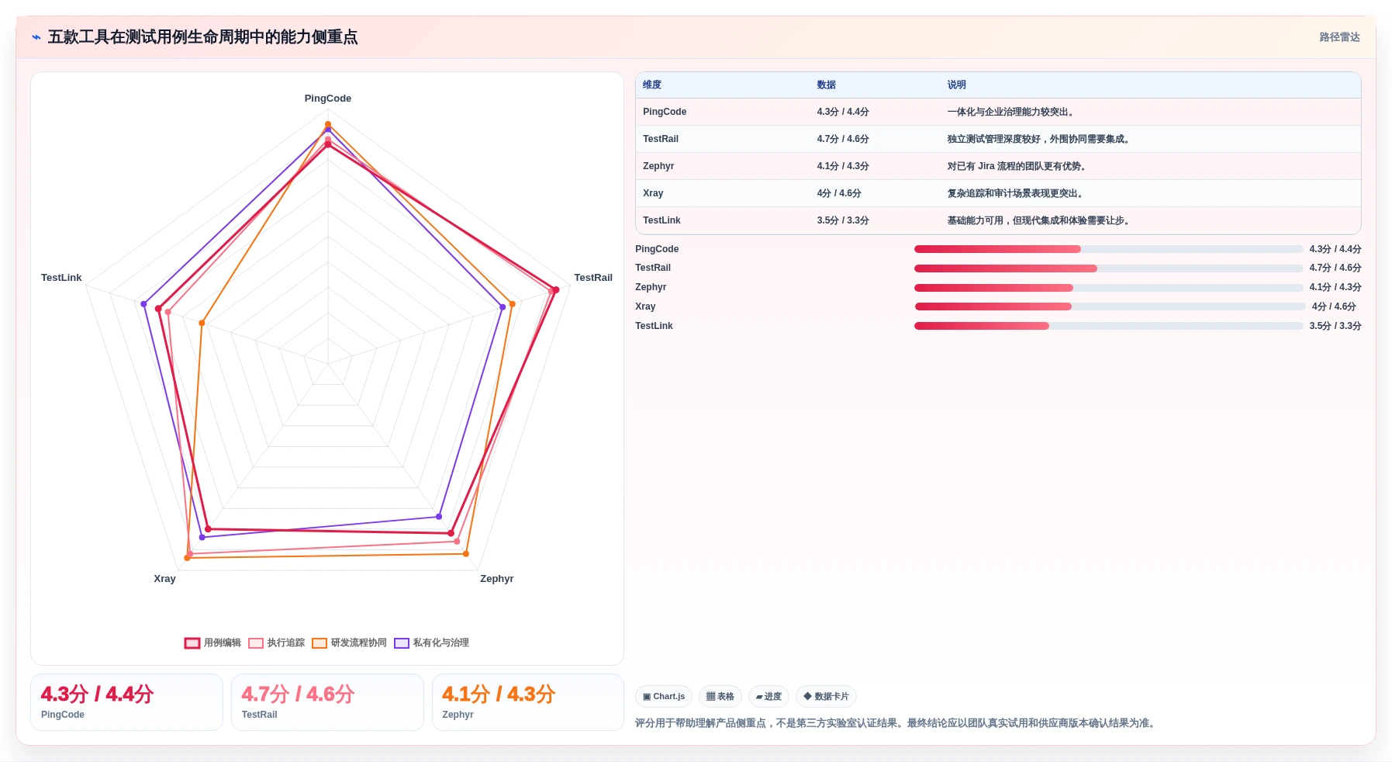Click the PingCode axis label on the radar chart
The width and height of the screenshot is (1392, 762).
tap(327, 99)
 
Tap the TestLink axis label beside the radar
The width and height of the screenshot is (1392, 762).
tap(61, 278)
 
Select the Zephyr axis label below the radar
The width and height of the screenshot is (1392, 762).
tap(496, 579)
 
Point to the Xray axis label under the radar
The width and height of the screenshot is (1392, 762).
tap(164, 579)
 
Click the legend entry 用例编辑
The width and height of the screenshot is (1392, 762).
tap(212, 643)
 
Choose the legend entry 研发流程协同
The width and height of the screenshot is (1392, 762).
tap(349, 643)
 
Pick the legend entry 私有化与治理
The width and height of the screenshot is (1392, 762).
tap(431, 643)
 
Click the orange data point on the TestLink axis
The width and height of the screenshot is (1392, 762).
tap(202, 323)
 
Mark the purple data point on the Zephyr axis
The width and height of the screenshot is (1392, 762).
tap(439, 517)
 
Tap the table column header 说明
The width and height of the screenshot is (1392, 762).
tap(956, 85)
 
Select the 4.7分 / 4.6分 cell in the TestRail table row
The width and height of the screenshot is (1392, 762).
tap(842, 139)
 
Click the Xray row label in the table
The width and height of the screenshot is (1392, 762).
tap(653, 193)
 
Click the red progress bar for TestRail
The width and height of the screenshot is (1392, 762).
tap(1006, 268)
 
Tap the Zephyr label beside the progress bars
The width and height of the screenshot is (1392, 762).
tap(651, 287)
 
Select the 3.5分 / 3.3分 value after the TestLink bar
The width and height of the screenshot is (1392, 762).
tap(1335, 326)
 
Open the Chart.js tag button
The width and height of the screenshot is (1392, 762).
tap(664, 697)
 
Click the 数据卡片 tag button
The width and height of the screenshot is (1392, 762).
tap(826, 697)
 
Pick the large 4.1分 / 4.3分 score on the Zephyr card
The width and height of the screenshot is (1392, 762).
tap(499, 694)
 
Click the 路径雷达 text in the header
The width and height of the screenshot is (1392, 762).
tap(1339, 37)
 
